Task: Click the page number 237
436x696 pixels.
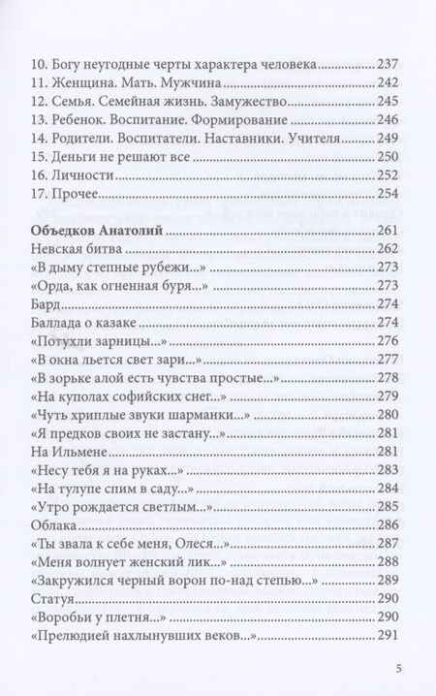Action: tap(388, 63)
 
